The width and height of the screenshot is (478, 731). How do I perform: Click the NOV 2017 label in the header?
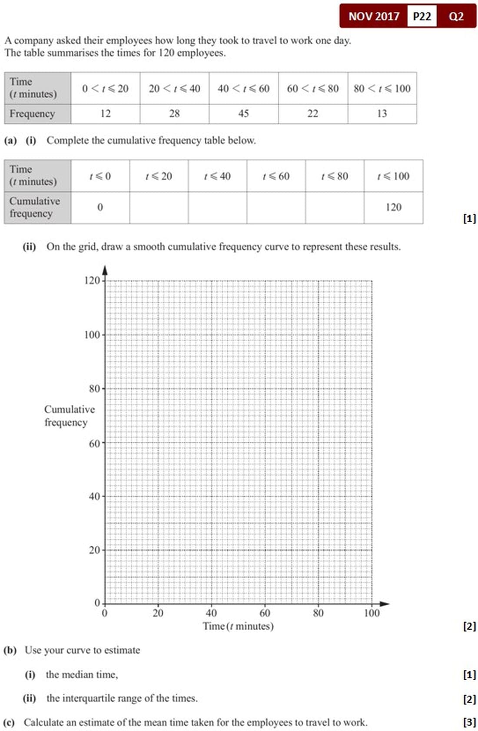click(x=374, y=17)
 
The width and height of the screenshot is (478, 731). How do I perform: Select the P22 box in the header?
click(x=422, y=17)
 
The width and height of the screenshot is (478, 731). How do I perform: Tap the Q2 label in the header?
click(x=456, y=17)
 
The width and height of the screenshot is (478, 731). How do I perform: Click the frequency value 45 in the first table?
click(x=243, y=113)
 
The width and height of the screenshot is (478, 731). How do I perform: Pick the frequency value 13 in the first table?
click(x=382, y=113)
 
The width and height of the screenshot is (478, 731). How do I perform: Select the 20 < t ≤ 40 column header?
click(x=174, y=89)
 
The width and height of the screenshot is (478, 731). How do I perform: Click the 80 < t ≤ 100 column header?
click(x=382, y=89)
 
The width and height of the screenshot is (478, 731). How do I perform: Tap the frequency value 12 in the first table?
click(x=105, y=113)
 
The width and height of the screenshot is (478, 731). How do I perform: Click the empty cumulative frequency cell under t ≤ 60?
click(x=276, y=207)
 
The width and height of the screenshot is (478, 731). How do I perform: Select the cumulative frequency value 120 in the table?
click(x=393, y=207)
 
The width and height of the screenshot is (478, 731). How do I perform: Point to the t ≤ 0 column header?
click(x=100, y=176)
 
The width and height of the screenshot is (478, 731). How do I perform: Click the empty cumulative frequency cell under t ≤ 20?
click(x=159, y=207)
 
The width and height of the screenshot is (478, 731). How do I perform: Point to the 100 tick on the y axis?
click(x=92, y=335)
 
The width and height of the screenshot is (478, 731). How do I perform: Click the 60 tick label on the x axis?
click(x=265, y=613)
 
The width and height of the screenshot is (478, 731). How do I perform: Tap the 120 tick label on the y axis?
click(x=92, y=280)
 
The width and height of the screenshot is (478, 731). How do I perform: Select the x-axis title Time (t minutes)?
click(x=238, y=626)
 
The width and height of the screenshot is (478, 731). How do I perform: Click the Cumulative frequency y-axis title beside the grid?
click(x=69, y=416)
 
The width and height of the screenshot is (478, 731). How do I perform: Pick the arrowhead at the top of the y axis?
click(x=105, y=270)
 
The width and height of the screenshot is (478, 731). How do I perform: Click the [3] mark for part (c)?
click(x=469, y=722)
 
